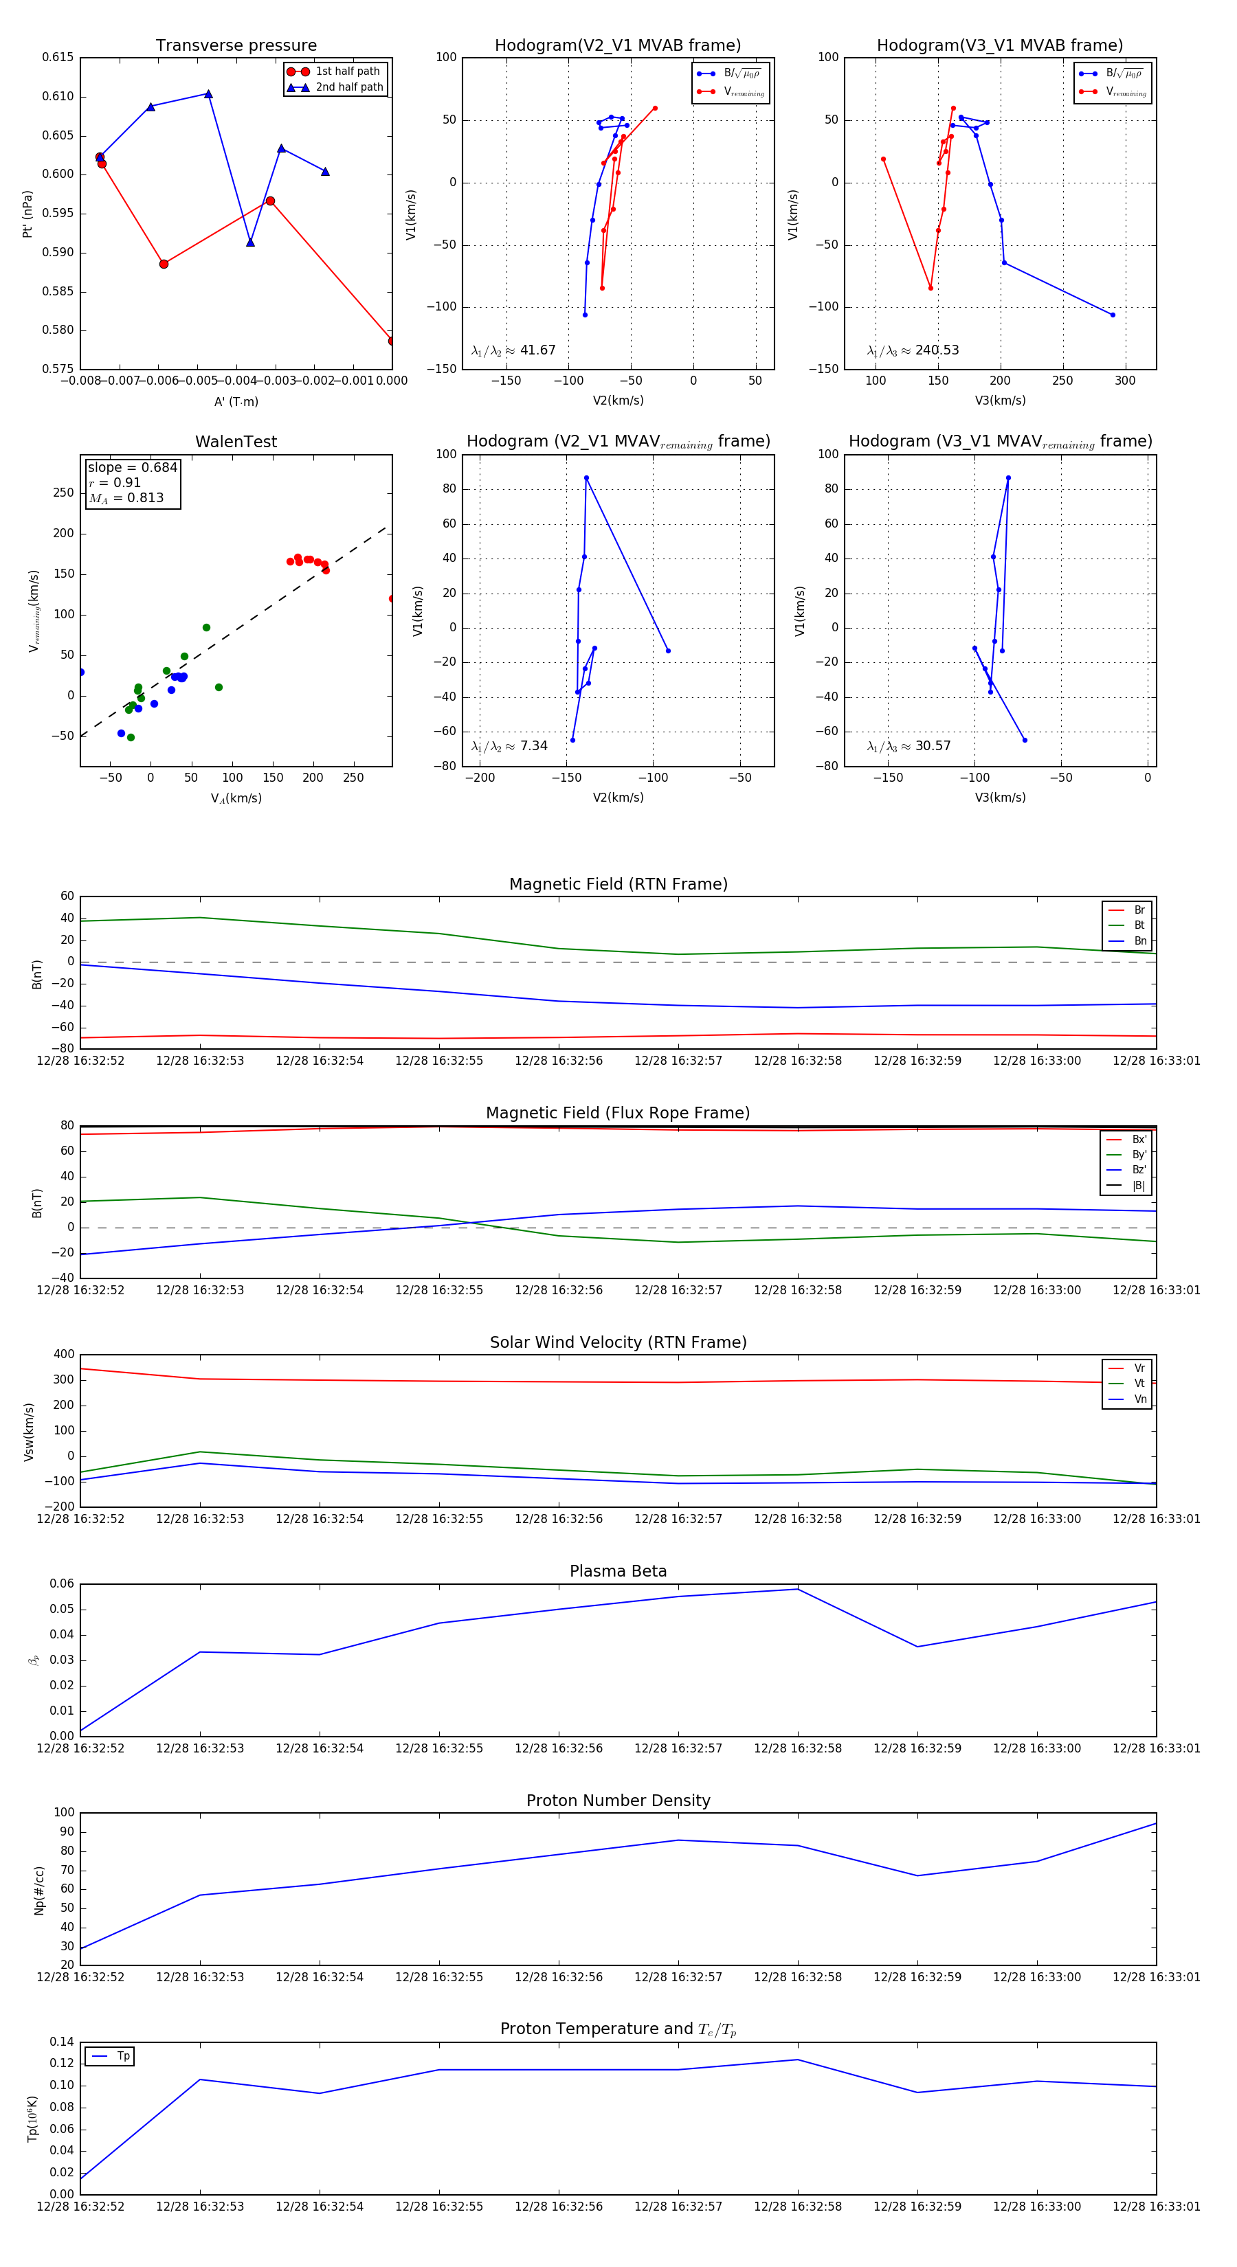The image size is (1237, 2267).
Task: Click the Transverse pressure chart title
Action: coord(236,46)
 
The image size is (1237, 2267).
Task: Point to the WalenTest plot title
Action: coord(236,442)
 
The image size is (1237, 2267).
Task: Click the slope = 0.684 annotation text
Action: coord(132,467)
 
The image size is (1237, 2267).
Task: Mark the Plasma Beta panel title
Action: coord(618,1571)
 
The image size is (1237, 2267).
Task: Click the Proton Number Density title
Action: coord(618,1800)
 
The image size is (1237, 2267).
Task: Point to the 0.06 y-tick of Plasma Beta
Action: coord(62,1583)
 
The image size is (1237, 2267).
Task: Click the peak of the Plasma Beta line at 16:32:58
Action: coord(798,1588)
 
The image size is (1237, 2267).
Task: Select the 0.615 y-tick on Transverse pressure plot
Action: coord(58,57)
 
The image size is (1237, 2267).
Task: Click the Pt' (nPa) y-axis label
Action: coord(27,214)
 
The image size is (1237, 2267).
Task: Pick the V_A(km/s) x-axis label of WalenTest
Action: coord(236,798)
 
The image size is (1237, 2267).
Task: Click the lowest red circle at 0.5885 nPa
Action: coord(164,264)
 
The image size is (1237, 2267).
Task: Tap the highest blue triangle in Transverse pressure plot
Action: coord(208,94)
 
